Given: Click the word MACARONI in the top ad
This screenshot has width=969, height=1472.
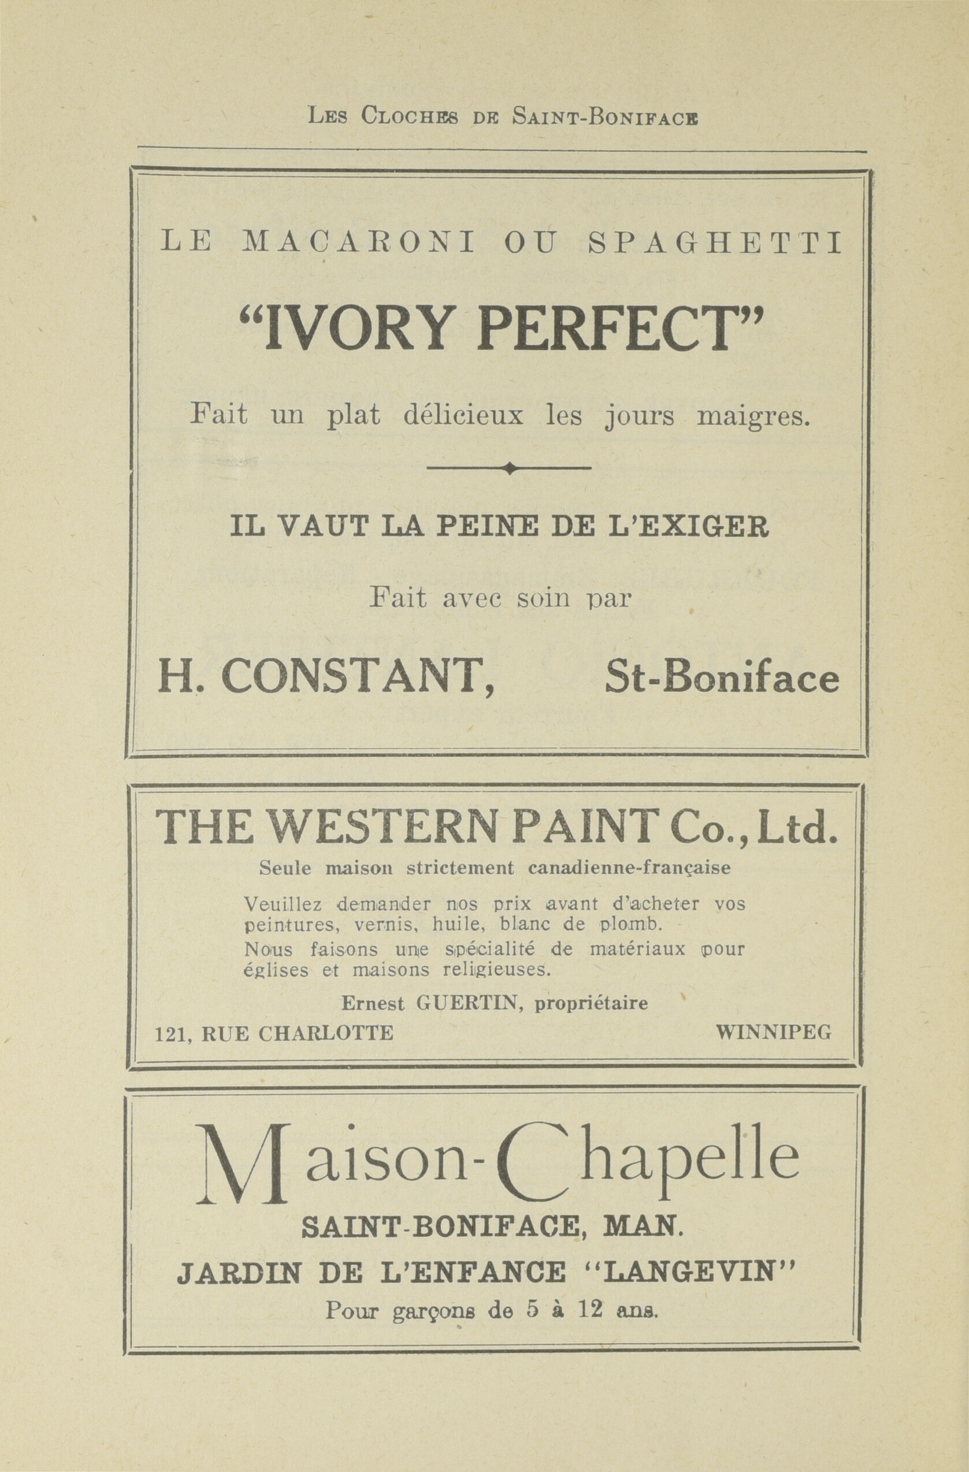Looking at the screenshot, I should click(x=359, y=243).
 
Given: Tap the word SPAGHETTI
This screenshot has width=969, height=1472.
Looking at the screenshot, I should click(x=715, y=243).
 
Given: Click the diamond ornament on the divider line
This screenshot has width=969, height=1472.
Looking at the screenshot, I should click(x=509, y=468).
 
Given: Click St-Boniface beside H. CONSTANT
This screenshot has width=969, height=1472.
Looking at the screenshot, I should click(x=722, y=679).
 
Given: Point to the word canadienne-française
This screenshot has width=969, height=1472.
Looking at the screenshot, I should click(x=629, y=868).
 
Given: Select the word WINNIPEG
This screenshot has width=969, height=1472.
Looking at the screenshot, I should click(x=774, y=1033).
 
